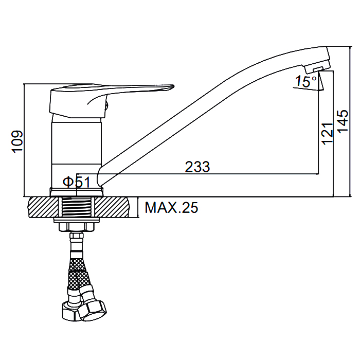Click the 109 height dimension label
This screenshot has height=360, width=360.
[x=17, y=142]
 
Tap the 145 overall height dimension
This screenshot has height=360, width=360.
[x=343, y=121]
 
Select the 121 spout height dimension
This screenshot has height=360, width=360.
[x=328, y=134]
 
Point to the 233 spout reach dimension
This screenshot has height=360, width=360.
[x=197, y=167]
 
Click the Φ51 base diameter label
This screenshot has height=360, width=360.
[x=77, y=182]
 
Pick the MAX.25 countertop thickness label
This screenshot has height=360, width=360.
[x=171, y=208]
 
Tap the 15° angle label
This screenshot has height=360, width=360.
[x=305, y=81]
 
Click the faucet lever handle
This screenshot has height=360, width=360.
[x=112, y=101]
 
